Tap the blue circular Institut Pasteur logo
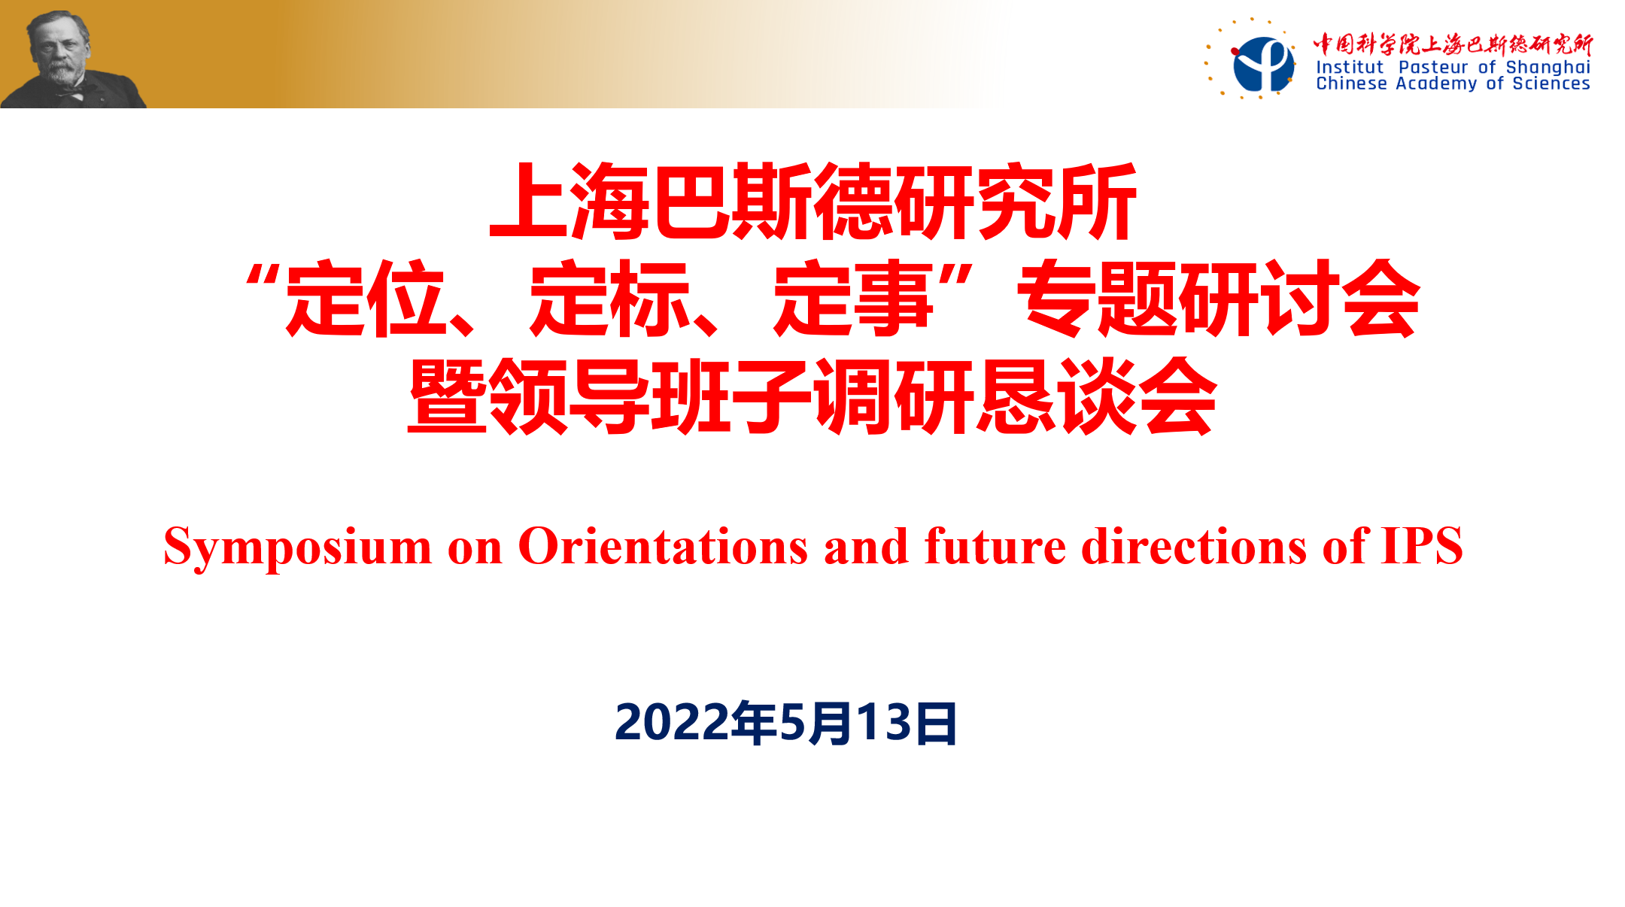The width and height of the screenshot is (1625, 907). click(x=1263, y=65)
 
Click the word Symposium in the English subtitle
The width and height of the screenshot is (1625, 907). click(x=298, y=548)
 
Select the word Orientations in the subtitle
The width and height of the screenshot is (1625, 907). click(x=663, y=546)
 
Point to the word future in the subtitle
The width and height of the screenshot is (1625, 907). click(x=995, y=546)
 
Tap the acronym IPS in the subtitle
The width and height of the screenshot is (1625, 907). click(x=1422, y=546)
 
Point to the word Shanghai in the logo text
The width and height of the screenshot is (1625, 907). click(x=1548, y=68)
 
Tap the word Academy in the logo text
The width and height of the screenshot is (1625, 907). click(x=1436, y=84)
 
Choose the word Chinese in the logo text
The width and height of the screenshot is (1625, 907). click(x=1351, y=83)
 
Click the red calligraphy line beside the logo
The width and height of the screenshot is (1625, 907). click(x=1453, y=44)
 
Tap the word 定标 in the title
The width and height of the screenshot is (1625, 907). click(x=610, y=299)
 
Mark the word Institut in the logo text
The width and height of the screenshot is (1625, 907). click(x=1350, y=67)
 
